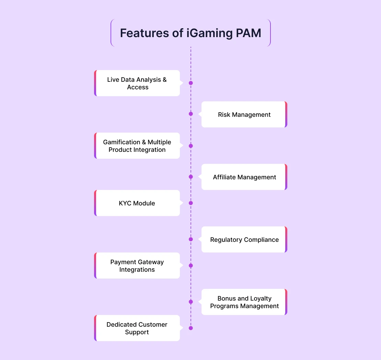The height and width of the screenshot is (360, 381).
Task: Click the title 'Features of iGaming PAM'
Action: coord(190,33)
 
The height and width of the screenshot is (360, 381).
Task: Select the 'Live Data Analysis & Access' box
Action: coord(137,83)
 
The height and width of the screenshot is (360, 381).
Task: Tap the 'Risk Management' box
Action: coord(244,114)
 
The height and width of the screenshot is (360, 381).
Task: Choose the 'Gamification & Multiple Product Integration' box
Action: coord(137,146)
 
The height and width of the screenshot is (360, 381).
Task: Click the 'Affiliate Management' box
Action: coord(244,177)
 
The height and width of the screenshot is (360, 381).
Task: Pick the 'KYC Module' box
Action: coord(137,203)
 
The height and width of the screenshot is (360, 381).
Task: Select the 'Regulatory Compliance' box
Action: coord(244,239)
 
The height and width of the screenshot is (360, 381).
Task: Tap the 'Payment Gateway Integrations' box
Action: coord(137,266)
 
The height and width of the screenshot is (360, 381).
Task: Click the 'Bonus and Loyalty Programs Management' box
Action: coord(244,302)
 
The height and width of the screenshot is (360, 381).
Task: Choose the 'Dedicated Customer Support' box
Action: coord(137,328)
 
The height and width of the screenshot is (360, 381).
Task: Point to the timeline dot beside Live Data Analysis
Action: coord(191,83)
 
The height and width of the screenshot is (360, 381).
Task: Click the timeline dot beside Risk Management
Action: coord(191,114)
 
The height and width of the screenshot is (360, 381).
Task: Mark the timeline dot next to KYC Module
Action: coord(191,203)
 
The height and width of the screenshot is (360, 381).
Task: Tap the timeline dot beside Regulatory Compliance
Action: coord(191,239)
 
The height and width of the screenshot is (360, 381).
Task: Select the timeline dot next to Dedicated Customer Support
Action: coord(191,328)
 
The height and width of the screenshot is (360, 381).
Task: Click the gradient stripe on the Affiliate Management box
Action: coord(286,177)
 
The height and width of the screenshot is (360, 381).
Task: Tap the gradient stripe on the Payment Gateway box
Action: coord(95,266)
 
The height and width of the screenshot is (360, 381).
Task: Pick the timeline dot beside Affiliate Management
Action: coord(191,177)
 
